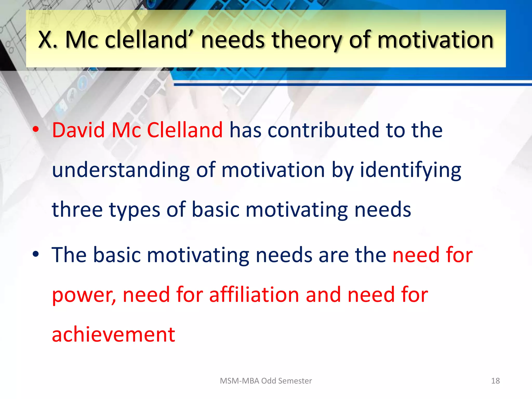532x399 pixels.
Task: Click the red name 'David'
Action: (78, 130)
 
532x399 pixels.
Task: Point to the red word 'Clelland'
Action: (185, 130)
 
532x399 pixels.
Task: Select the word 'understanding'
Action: (121, 170)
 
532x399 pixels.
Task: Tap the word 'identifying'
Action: (410, 170)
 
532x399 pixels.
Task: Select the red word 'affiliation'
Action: (254, 295)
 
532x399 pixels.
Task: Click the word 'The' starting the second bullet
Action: (69, 255)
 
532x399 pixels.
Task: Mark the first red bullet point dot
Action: (36, 129)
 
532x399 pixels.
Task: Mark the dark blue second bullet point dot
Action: (36, 254)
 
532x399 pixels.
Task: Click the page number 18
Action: (495, 381)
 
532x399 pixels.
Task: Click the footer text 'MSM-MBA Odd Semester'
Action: (266, 381)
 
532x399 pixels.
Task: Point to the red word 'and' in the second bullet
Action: (323, 295)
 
